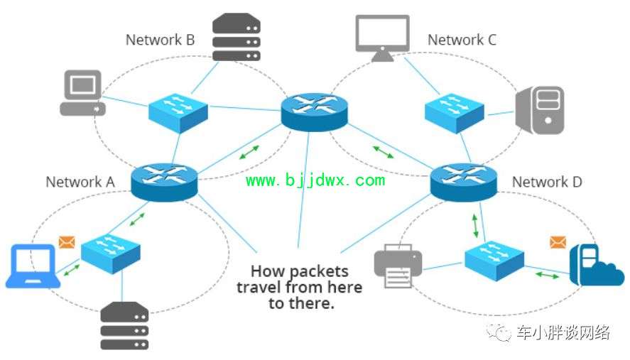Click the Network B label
(161, 40)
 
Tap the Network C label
(462, 40)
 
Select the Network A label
(80, 182)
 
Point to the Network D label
(547, 182)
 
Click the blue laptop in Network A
(33, 266)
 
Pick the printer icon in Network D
(398, 266)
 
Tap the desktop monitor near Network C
(383, 38)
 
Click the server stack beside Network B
(237, 36)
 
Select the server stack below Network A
(124, 326)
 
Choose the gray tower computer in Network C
(540, 109)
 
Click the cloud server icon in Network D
(597, 265)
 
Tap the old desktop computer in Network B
(83, 93)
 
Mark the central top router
(314, 112)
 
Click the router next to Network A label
(164, 182)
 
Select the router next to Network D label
(464, 182)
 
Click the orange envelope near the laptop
(67, 242)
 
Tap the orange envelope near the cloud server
(558, 242)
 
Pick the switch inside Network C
(455, 113)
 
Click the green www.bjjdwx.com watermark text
(315, 180)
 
